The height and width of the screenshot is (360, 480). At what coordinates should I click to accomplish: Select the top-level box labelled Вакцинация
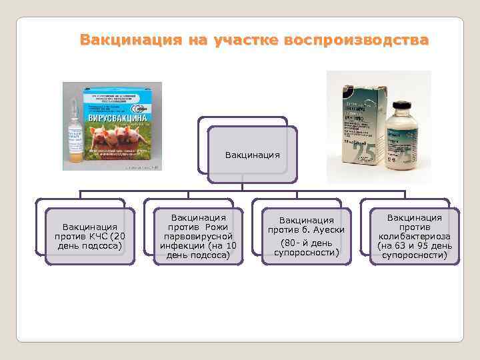[252, 155]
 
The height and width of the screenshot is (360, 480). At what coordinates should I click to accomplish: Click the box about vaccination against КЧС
[90, 236]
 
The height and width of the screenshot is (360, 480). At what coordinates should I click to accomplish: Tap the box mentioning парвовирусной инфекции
[198, 236]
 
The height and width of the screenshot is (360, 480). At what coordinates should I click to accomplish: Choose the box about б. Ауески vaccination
[306, 236]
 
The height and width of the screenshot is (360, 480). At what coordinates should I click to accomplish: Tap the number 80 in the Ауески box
[288, 242]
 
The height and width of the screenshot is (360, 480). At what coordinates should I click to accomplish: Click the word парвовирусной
[198, 236]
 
